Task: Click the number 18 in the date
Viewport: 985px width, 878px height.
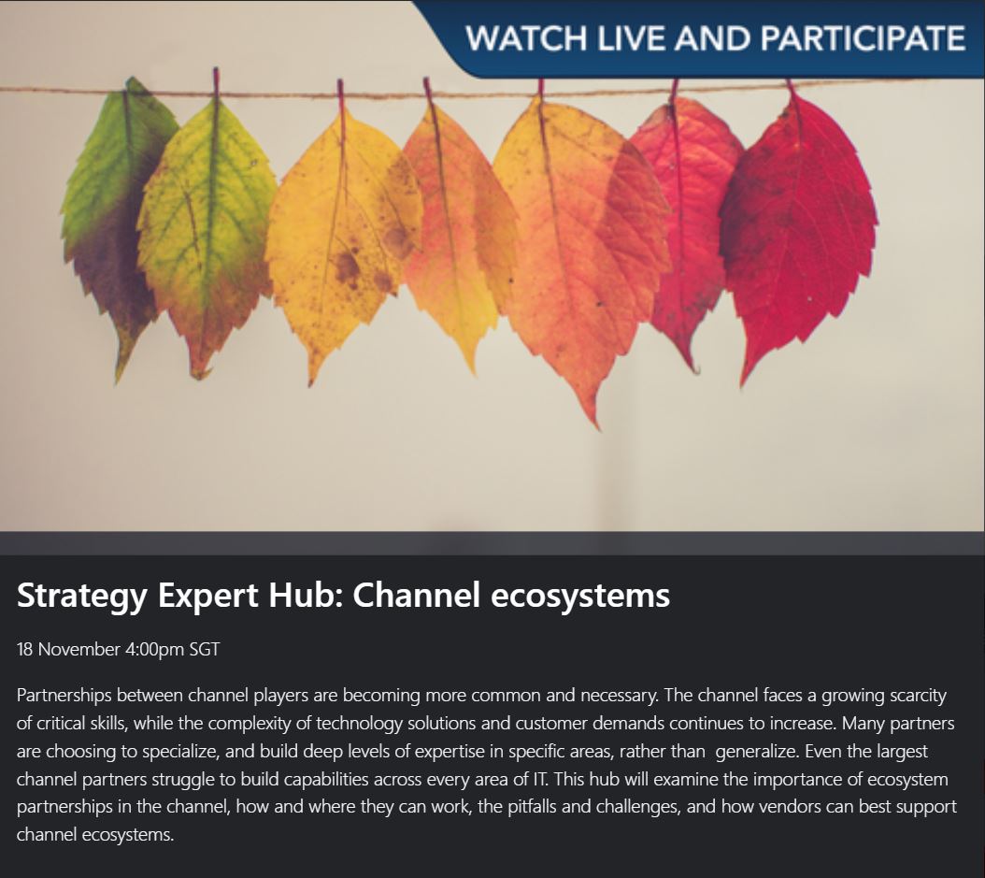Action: point(26,649)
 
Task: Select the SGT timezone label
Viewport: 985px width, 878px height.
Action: point(205,649)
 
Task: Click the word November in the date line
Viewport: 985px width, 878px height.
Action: point(79,649)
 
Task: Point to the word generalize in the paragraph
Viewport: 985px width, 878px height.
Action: point(758,752)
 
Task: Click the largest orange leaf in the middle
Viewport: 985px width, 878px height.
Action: point(579,243)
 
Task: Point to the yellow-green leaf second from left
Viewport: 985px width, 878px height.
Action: point(206,234)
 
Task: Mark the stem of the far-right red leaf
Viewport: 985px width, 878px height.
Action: point(791,92)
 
